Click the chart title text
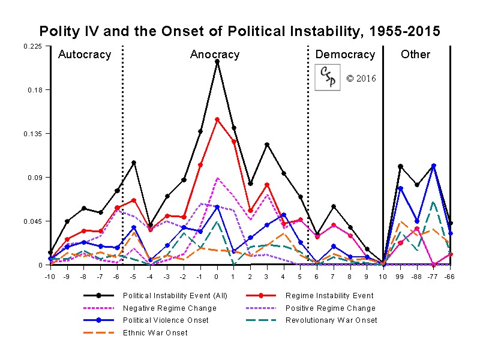(x=240, y=31)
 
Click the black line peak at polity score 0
(x=217, y=61)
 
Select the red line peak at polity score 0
(x=217, y=119)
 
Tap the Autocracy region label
(x=85, y=55)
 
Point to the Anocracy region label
(x=215, y=55)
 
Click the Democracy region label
(x=345, y=55)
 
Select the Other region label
(x=416, y=55)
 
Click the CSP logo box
(x=327, y=78)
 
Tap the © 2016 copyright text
(x=361, y=79)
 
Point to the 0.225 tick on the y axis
(x=33, y=46)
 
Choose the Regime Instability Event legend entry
(x=329, y=295)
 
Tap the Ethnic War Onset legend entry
(x=155, y=332)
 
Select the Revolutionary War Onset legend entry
(x=331, y=320)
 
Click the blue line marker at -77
(x=434, y=166)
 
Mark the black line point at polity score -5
(x=134, y=163)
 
